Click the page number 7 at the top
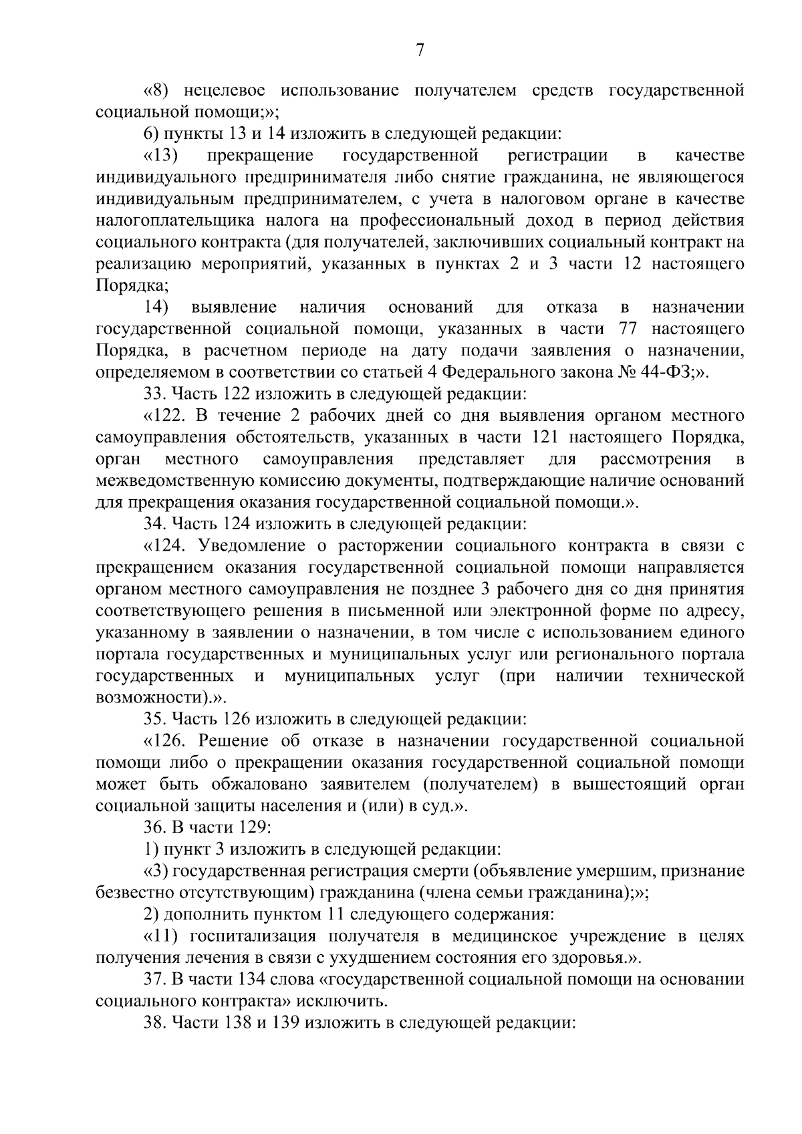pyautogui.click(x=420, y=50)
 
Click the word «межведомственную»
pyautogui.click(x=175, y=480)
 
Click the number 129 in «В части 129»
pyautogui.click(x=252, y=827)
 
